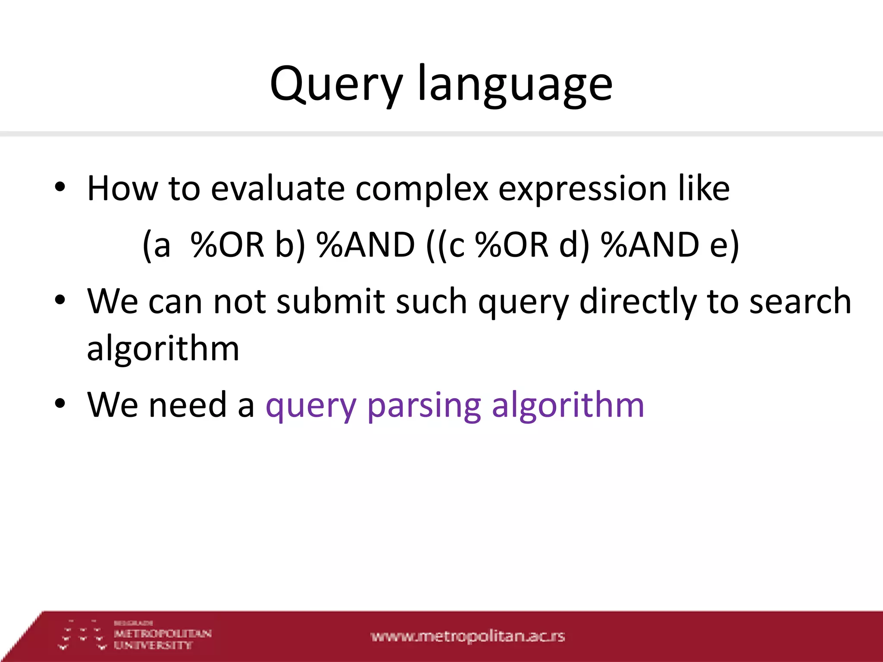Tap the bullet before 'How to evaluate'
[60, 187]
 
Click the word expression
[582, 190]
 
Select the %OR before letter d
[512, 245]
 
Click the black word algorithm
[163, 348]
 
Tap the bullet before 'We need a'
[60, 404]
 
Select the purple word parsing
[424, 406]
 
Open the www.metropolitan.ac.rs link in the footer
[467, 636]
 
